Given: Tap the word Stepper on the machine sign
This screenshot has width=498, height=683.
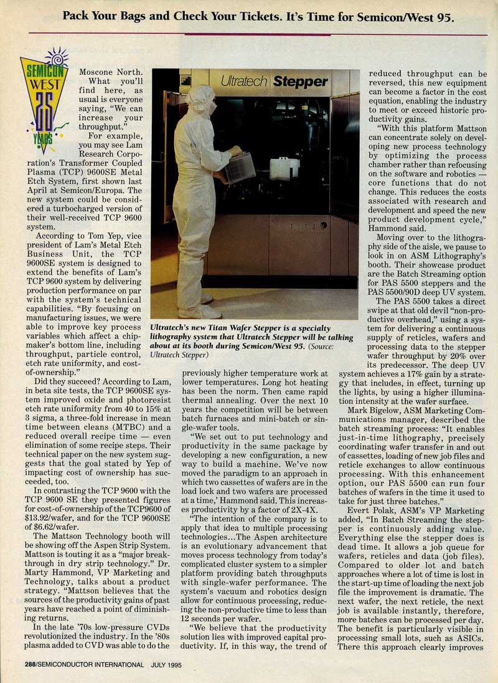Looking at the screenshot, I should point(302,81).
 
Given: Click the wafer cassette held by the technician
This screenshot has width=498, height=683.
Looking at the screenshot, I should point(240,166).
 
